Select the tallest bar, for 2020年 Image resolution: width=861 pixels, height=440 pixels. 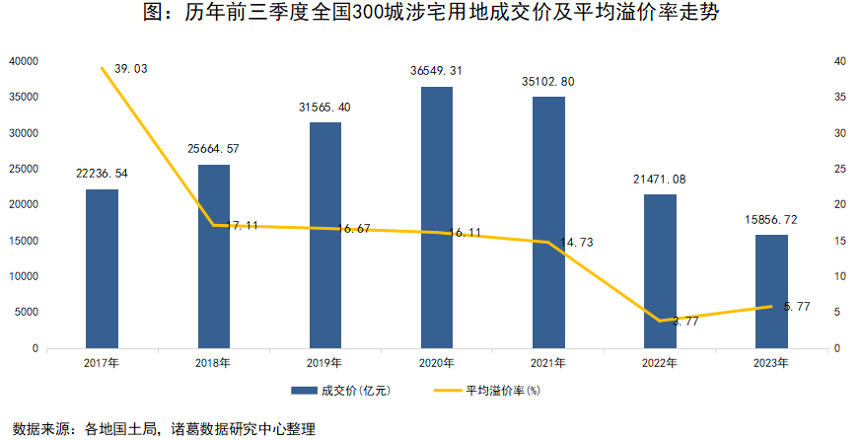tap(437, 217)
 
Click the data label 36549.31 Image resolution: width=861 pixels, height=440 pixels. tap(437, 71)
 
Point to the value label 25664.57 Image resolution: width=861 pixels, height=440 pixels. tap(213, 149)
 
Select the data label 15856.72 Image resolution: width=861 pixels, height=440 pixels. tap(772, 219)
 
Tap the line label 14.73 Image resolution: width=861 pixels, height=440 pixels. tap(579, 242)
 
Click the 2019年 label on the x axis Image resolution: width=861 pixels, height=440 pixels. tap(324, 363)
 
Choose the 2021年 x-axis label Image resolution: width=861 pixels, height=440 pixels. tap(548, 363)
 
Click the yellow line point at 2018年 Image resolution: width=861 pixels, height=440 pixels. tap(213, 226)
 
